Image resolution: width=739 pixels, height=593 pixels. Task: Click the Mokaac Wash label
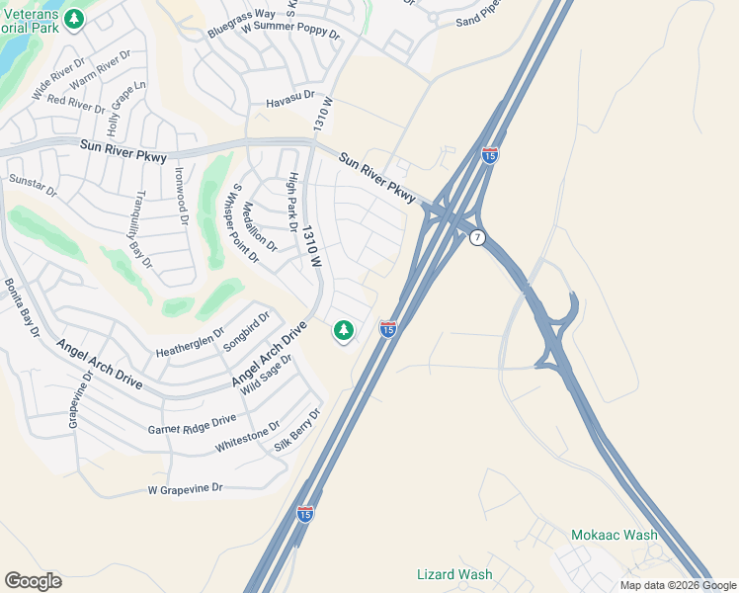[x=614, y=535]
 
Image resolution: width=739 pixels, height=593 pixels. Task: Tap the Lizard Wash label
[x=454, y=574]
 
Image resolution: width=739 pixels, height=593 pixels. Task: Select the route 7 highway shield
[x=477, y=238]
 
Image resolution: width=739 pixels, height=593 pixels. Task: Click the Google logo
[x=33, y=581]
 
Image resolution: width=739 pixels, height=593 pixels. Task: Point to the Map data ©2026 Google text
[x=677, y=585]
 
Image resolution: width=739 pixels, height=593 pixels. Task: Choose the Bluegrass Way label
[x=241, y=24]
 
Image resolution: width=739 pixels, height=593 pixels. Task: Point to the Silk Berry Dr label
[x=298, y=430]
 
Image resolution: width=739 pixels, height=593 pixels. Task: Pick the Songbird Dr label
[x=246, y=331]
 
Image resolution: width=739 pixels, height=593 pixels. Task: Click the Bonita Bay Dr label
[x=22, y=309]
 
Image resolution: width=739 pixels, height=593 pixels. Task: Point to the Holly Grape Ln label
[x=126, y=108]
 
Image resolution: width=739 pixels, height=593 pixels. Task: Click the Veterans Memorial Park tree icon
[x=74, y=19]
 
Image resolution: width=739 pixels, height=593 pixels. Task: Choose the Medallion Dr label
[x=259, y=227]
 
